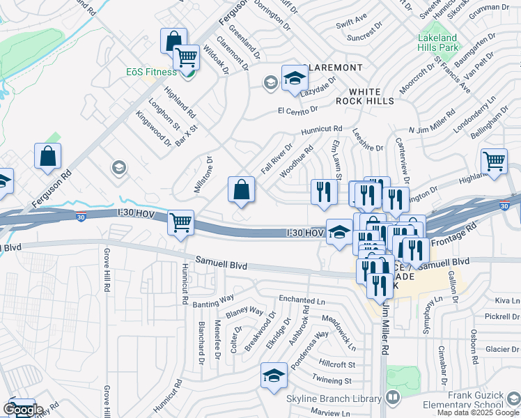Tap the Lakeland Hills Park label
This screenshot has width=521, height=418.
(437, 43)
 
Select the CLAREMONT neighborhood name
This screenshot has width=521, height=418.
(334, 67)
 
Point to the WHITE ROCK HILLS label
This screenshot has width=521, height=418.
(371, 96)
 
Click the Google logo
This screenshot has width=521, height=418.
(23, 410)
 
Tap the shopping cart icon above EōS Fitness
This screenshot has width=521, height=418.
(186, 57)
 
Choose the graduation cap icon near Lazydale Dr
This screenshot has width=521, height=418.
(295, 77)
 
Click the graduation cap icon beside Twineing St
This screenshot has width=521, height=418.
(274, 376)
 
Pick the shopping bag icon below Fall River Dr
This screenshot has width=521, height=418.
(241, 189)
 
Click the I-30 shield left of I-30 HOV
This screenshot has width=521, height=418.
(81, 217)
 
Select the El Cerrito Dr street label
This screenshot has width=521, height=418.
(297, 110)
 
